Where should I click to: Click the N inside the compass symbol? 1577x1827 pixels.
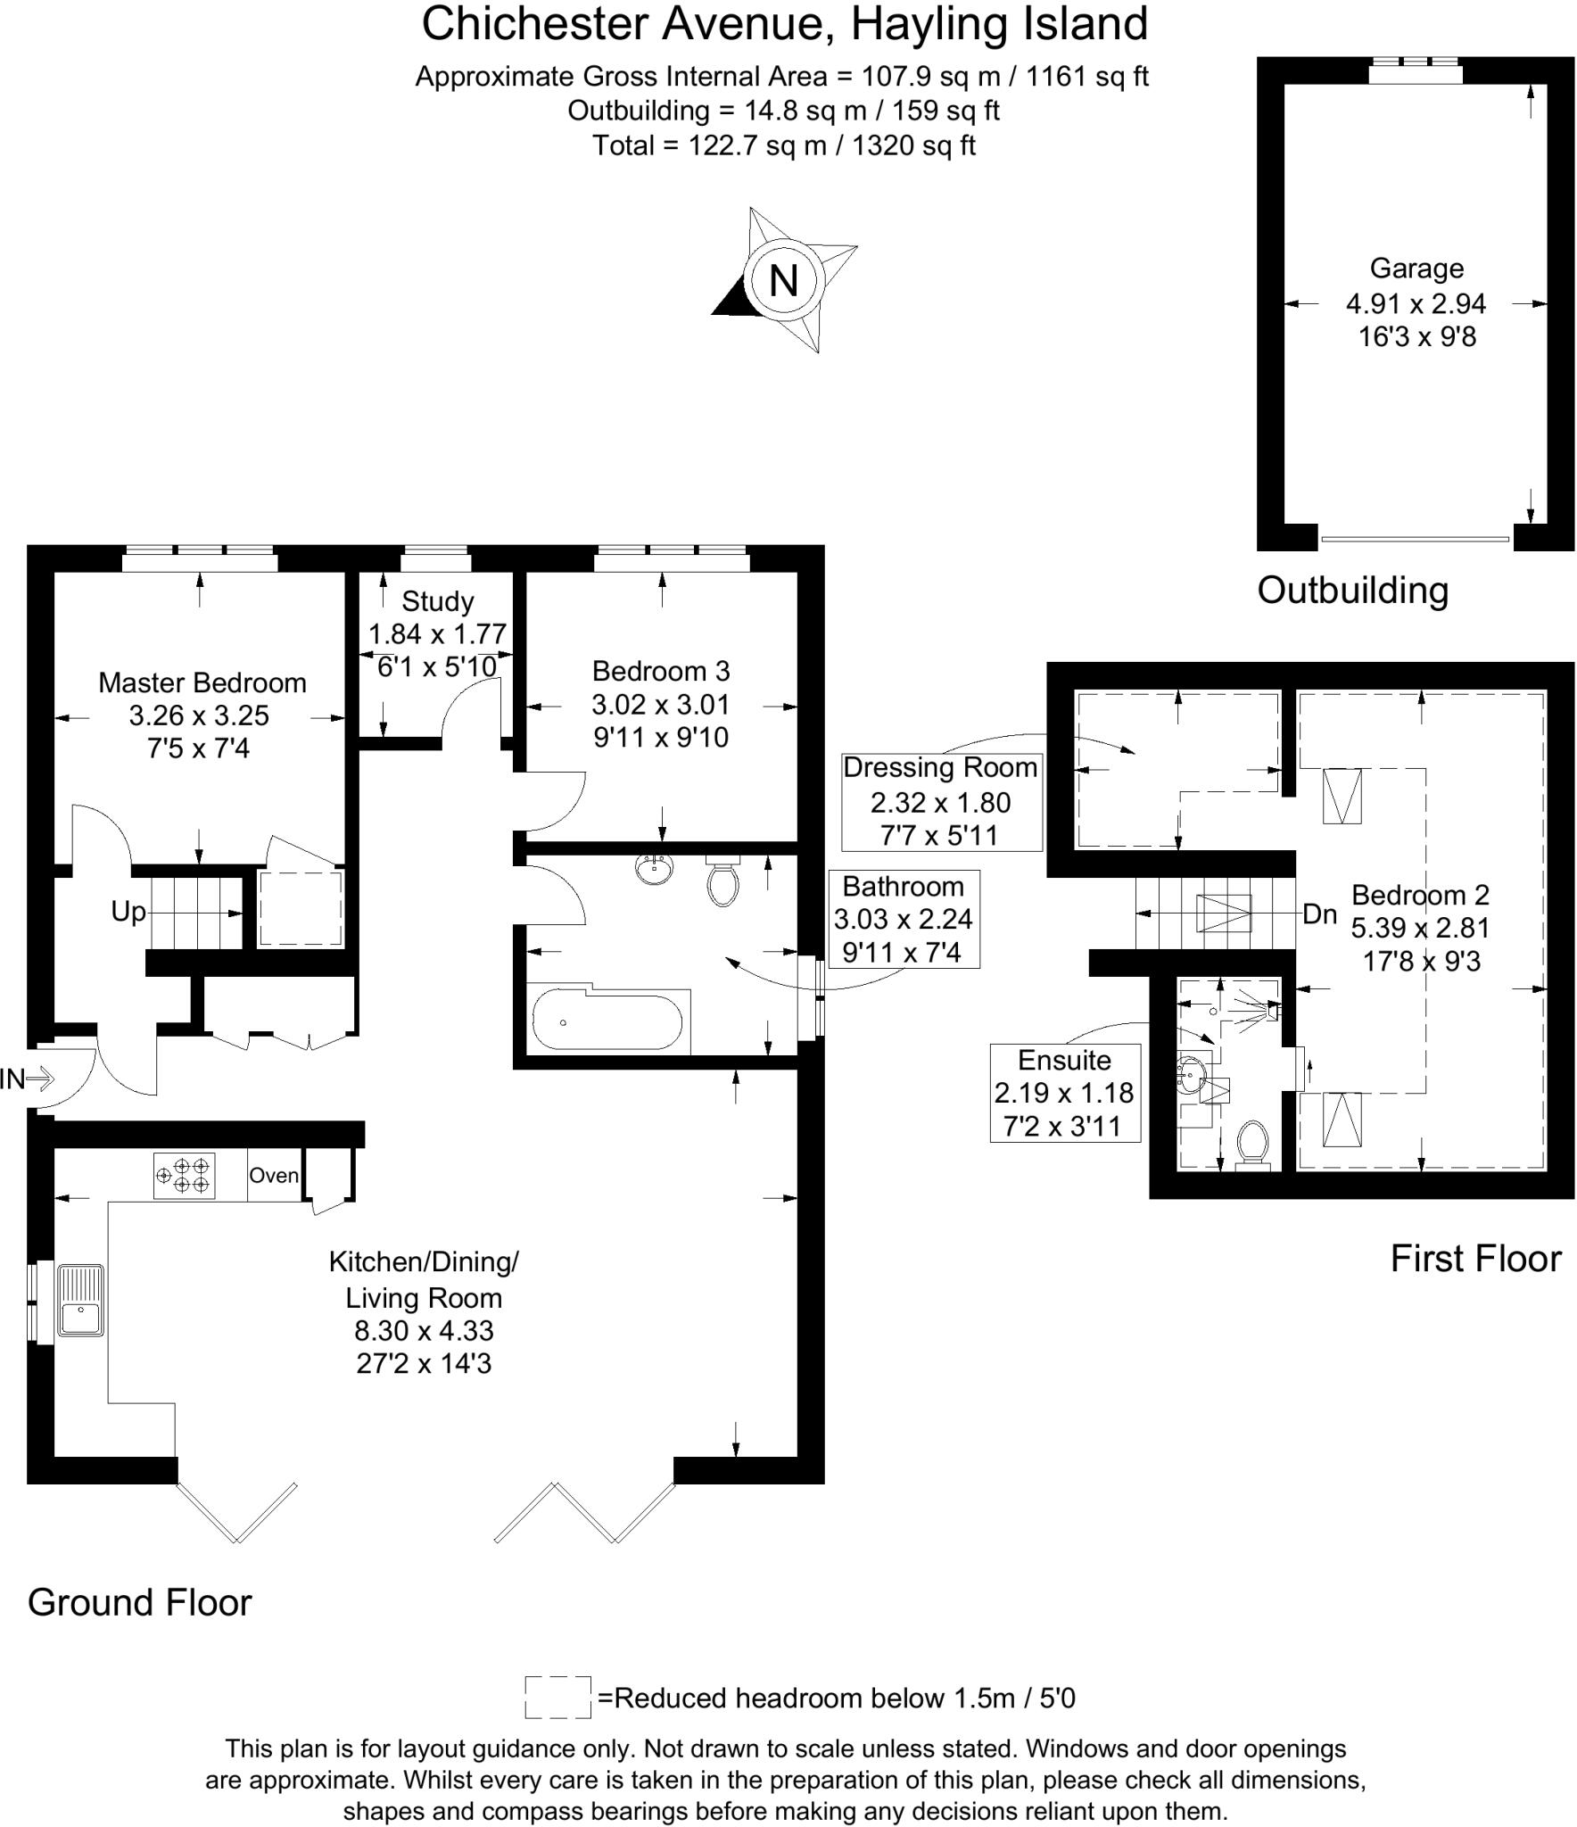[x=783, y=281]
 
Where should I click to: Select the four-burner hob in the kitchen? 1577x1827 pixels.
[x=185, y=1175]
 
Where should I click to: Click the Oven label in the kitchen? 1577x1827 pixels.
[x=273, y=1175]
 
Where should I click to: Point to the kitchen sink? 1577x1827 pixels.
[x=80, y=1300]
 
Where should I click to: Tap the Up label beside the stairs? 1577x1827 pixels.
[x=128, y=912]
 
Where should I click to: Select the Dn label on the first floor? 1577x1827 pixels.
[x=1320, y=914]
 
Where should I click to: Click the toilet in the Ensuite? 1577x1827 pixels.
[x=1253, y=1144]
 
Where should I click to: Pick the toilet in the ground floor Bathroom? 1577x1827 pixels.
[x=722, y=881]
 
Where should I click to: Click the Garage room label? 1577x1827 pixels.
[x=1416, y=269]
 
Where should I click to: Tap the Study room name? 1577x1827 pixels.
[x=437, y=601]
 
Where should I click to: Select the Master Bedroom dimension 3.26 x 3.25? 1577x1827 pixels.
[x=199, y=715]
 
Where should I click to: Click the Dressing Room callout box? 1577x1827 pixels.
[x=941, y=801]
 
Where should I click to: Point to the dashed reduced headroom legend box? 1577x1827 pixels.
[x=557, y=1697]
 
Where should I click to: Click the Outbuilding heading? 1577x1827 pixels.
[x=1352, y=591]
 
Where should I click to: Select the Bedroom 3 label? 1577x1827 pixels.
[x=661, y=670]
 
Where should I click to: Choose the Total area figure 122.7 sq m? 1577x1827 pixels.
[x=784, y=145]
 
